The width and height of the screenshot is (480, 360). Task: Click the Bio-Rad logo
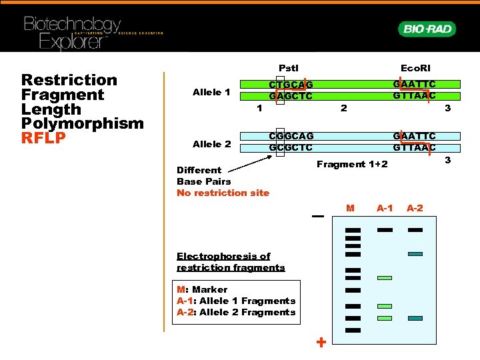(427, 29)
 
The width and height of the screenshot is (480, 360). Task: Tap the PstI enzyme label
(289, 68)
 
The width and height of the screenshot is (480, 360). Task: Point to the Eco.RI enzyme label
(415, 68)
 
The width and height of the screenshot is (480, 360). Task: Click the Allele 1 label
(211, 92)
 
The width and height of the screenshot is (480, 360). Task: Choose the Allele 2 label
(211, 144)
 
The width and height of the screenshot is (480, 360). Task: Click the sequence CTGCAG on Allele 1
(291, 85)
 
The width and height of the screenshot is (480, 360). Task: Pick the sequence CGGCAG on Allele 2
(291, 137)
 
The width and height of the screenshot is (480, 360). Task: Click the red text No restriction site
(223, 193)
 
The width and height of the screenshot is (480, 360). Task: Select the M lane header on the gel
(351, 209)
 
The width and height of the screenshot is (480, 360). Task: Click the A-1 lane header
(385, 209)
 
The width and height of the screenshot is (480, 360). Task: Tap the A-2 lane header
(415, 209)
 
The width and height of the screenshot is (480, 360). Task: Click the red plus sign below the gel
(321, 343)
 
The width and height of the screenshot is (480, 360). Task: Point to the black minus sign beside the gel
(317, 217)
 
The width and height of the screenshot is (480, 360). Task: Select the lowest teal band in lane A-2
(415, 319)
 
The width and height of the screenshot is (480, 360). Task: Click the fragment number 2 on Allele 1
(343, 108)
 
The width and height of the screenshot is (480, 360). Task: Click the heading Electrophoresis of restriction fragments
(231, 262)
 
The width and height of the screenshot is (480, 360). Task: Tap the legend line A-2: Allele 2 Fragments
(236, 312)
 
